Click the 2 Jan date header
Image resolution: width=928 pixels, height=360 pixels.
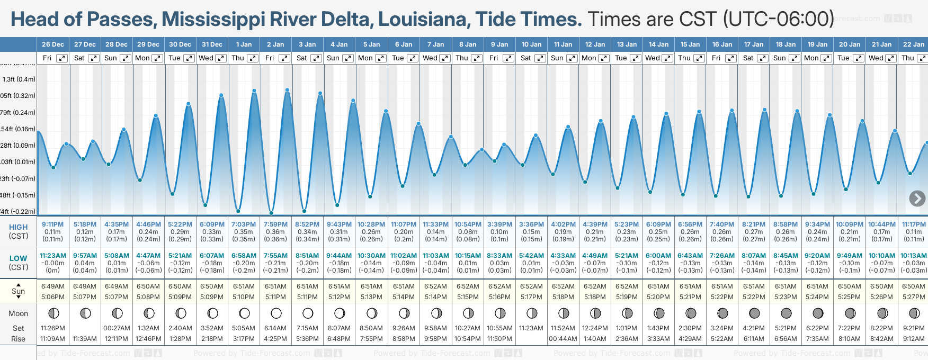(x=275, y=44)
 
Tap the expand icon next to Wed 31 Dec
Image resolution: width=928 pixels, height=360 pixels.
(x=221, y=58)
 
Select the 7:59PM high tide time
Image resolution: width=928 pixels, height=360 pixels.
(x=275, y=224)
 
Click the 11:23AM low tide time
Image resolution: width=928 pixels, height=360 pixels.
(x=53, y=256)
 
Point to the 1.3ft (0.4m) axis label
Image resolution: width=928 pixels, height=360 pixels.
(x=19, y=79)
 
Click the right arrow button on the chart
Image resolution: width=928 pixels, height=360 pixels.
(x=917, y=199)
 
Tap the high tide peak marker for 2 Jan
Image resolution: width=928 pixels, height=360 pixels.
(x=287, y=90)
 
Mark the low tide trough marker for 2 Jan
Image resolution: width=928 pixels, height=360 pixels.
(x=271, y=213)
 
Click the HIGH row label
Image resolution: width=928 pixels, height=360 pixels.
(x=18, y=227)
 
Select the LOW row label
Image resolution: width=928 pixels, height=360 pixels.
(x=18, y=258)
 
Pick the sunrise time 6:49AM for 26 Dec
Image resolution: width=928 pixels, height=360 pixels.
(x=53, y=286)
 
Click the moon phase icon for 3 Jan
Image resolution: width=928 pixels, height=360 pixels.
(x=308, y=313)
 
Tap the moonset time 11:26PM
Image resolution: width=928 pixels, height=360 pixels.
(x=53, y=328)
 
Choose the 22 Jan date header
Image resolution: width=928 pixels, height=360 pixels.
(x=914, y=44)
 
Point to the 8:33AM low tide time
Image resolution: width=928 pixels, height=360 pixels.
(x=499, y=256)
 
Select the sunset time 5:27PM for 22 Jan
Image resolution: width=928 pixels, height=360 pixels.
(x=914, y=297)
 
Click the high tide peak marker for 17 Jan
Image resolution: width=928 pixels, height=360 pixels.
(x=764, y=110)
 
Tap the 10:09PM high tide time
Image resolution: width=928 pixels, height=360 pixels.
(x=850, y=224)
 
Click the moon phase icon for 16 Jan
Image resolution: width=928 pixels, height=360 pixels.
(x=722, y=313)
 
